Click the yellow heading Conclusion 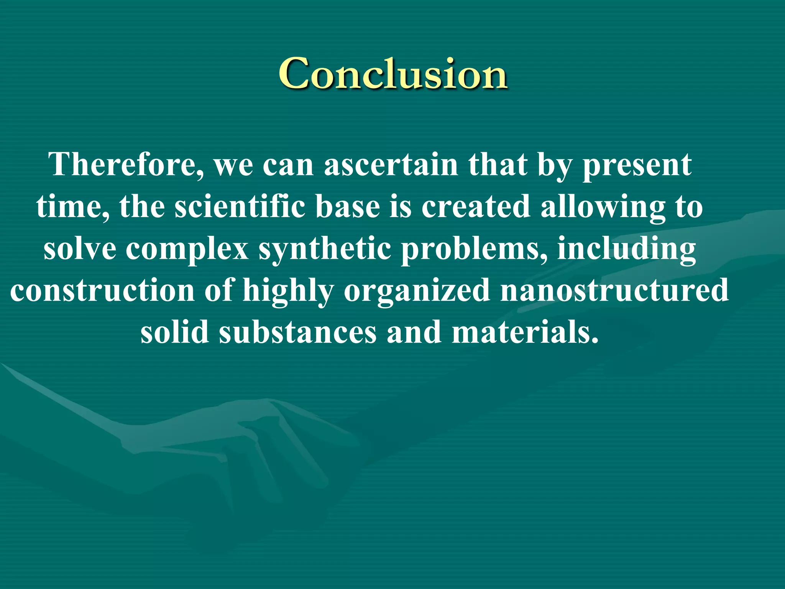point(393,74)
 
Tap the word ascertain point(391,165)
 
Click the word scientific point(240,207)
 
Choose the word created point(476,207)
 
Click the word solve point(80,249)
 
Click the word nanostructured point(614,290)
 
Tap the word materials point(525,332)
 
